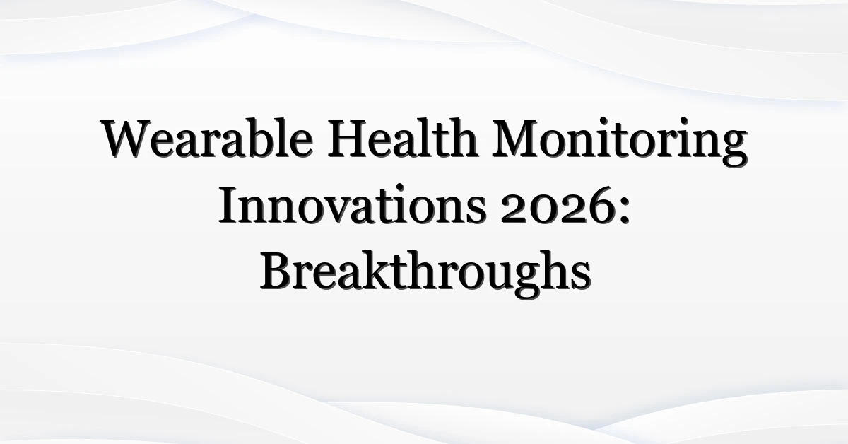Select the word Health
(402, 137)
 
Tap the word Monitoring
(620, 141)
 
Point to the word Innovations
(353, 204)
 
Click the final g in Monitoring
(734, 148)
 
